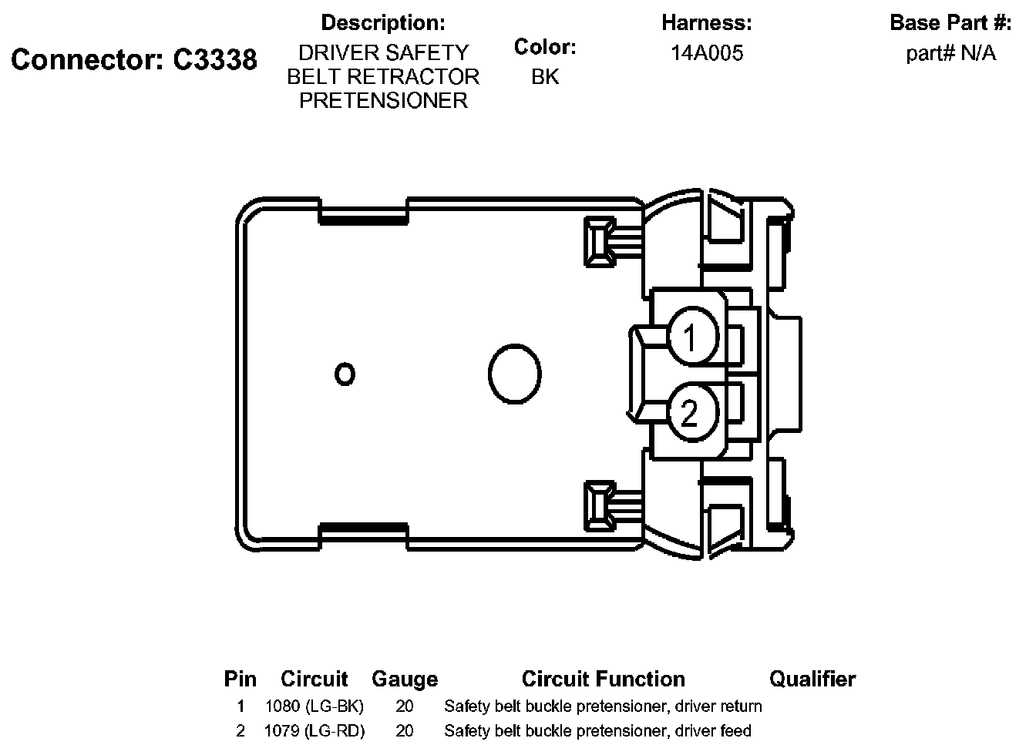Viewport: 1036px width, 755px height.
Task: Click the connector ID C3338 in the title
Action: click(215, 59)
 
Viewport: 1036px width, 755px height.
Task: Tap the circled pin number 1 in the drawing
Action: click(694, 336)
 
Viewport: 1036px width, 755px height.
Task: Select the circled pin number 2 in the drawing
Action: click(694, 412)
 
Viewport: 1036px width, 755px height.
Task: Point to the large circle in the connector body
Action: click(515, 374)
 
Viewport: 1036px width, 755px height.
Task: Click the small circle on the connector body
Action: click(345, 374)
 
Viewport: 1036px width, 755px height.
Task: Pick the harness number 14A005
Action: click(707, 53)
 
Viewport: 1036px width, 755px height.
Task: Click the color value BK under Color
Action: click(545, 77)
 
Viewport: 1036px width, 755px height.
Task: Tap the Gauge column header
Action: click(405, 679)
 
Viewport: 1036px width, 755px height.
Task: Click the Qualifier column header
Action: click(812, 679)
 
